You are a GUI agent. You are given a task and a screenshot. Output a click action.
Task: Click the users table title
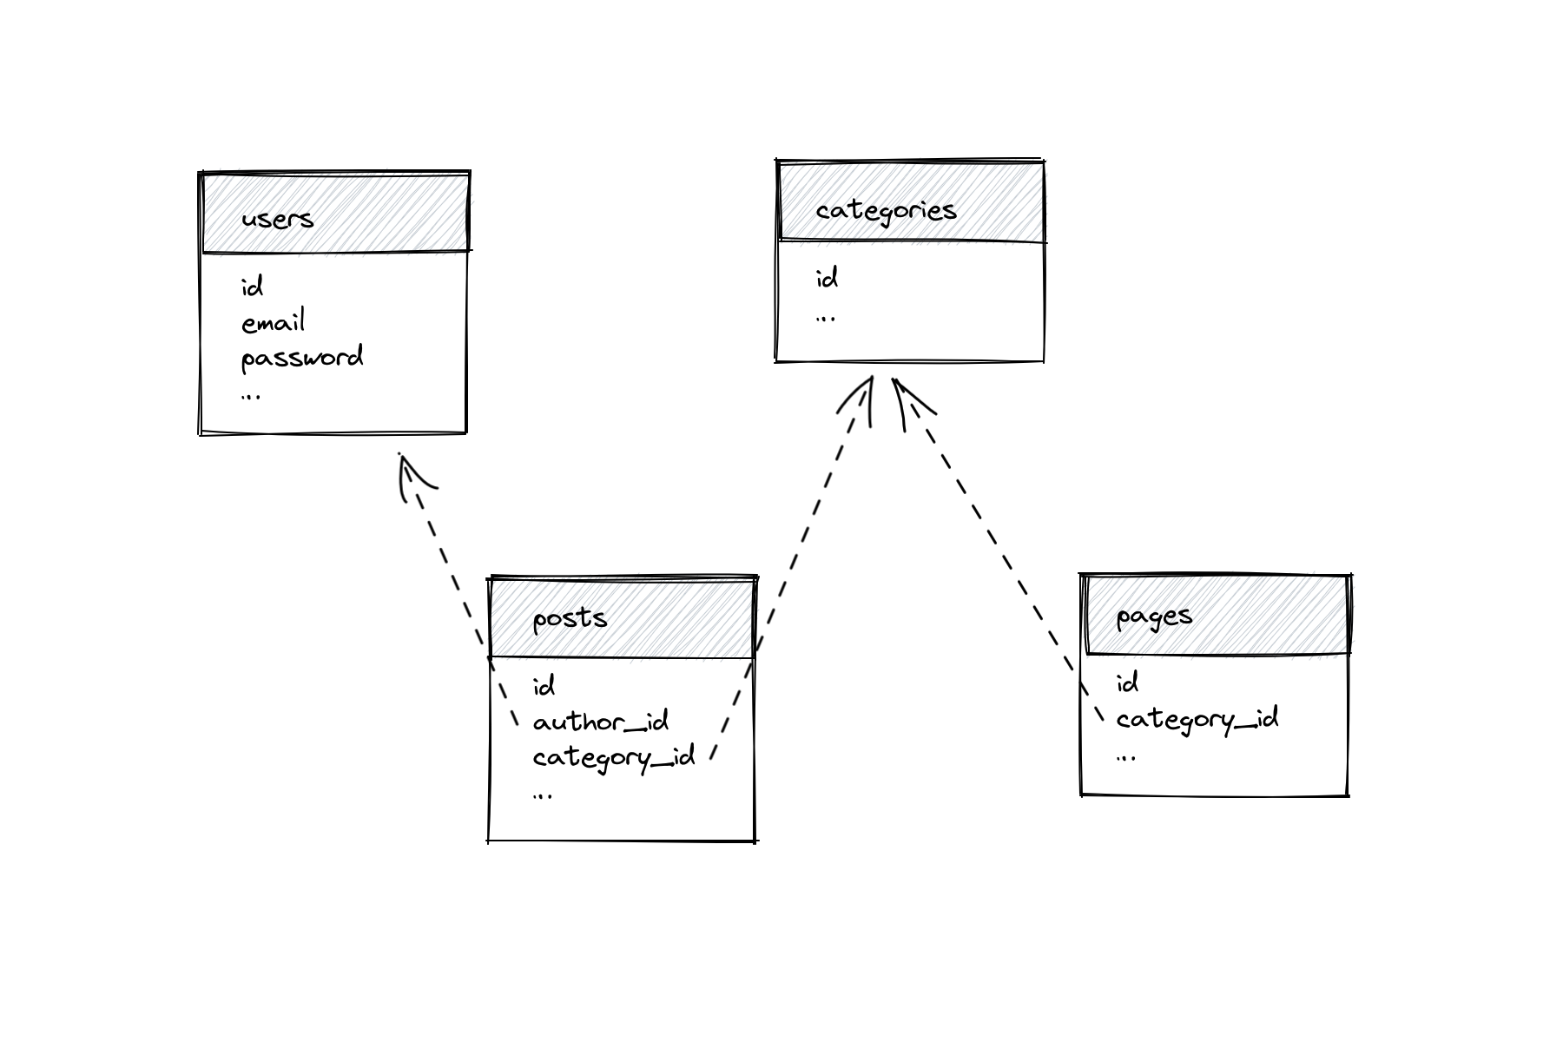click(x=277, y=218)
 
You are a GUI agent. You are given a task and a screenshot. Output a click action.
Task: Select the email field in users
click(x=273, y=323)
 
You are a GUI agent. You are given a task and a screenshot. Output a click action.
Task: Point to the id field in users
click(x=252, y=287)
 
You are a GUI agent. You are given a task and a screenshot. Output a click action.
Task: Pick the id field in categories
click(x=827, y=279)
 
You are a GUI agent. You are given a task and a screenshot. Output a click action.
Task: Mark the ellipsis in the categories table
click(x=826, y=319)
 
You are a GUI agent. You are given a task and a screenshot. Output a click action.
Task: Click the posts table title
click(x=569, y=618)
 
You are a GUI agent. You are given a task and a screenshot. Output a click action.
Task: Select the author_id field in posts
click(x=600, y=722)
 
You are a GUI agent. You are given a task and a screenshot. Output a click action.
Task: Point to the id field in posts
click(x=544, y=687)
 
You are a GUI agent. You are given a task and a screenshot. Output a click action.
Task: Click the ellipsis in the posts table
click(x=543, y=795)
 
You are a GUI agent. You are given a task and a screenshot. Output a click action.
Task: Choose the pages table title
click(x=1153, y=617)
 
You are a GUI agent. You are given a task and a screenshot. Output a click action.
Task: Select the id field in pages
click(x=1127, y=683)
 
